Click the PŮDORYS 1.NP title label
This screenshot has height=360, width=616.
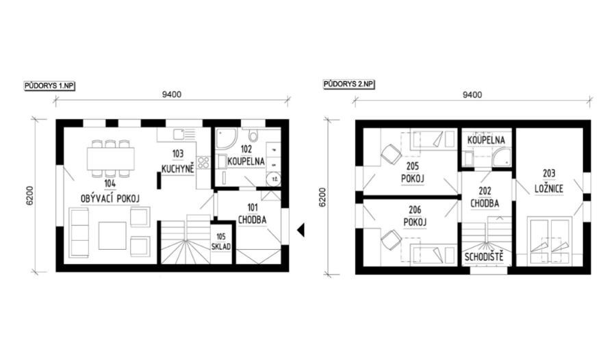click(x=49, y=86)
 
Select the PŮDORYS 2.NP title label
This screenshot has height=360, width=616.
click(x=349, y=84)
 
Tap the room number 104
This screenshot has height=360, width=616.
click(x=110, y=183)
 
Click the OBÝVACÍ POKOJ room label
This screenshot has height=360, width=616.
click(x=110, y=199)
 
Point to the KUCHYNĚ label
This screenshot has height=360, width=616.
click(x=178, y=169)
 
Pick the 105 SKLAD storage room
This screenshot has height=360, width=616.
click(x=221, y=242)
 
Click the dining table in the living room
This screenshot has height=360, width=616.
click(x=111, y=158)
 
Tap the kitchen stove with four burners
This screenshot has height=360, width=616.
click(x=203, y=162)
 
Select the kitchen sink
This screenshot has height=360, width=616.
click(x=184, y=135)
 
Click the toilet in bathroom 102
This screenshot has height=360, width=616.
click(x=253, y=136)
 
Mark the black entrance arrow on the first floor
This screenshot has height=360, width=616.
click(x=300, y=230)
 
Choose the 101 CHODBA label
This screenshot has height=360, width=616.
click(x=252, y=214)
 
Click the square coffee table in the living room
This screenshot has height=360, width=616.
click(x=112, y=236)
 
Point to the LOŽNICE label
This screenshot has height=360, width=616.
click(x=549, y=189)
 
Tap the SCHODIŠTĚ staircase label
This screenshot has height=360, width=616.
click(x=484, y=257)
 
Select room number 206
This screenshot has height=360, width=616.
click(x=415, y=210)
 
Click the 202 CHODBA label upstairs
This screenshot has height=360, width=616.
click(x=485, y=197)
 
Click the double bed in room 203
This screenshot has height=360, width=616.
click(x=549, y=240)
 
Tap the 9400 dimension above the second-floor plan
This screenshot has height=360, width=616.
click(x=472, y=94)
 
